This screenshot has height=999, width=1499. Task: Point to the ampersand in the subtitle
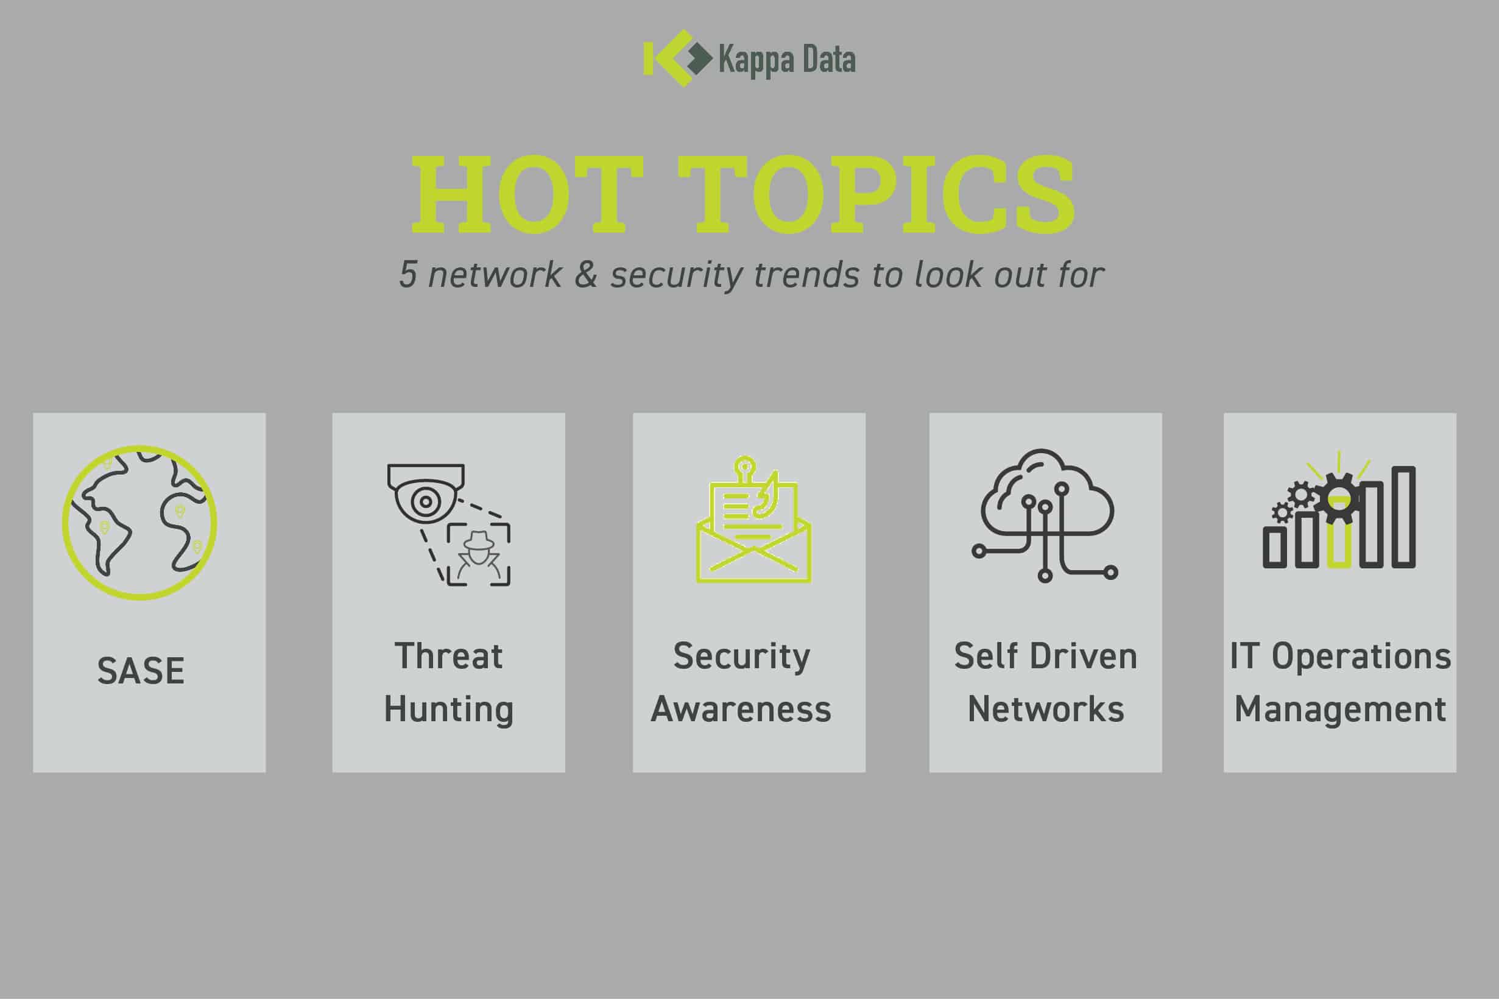tap(585, 275)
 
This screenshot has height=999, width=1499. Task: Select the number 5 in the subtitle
tap(407, 275)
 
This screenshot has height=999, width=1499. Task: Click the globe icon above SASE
tap(139, 523)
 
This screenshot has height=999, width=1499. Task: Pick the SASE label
tap(141, 671)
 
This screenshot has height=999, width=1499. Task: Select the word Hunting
tap(448, 710)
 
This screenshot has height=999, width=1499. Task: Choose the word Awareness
tap(741, 709)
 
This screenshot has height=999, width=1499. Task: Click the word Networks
tap(1045, 709)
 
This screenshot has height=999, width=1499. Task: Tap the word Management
tap(1341, 710)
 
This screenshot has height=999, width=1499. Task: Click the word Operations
tap(1361, 656)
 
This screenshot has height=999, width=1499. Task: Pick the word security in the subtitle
tap(677, 275)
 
